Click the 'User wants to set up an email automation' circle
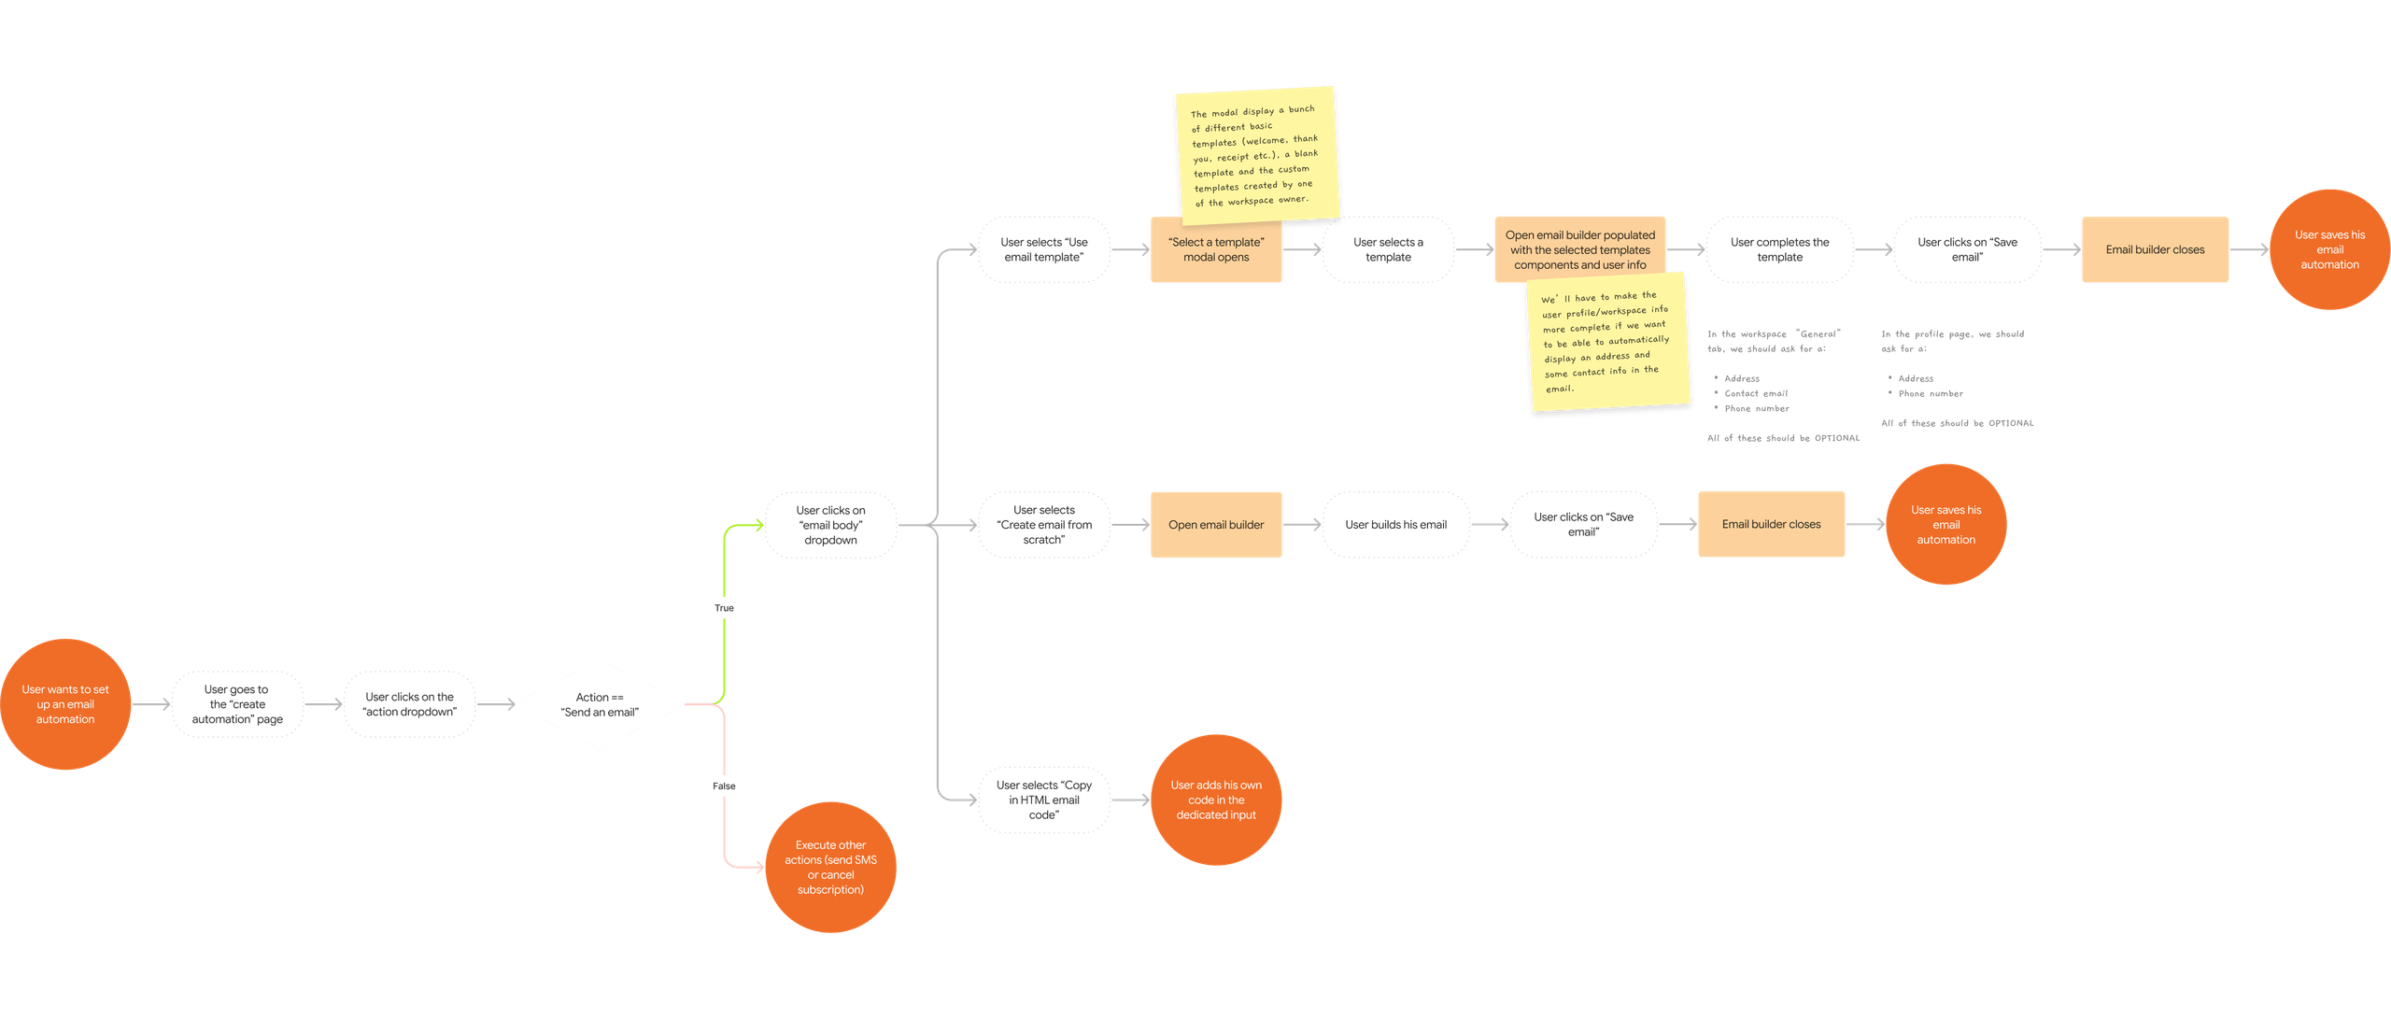(65, 704)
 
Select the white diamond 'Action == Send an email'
(600, 704)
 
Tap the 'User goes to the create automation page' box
(237, 704)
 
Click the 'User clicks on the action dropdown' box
(409, 704)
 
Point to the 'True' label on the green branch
(724, 608)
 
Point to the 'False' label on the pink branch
(724, 785)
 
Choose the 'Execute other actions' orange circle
(830, 867)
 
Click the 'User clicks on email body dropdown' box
(830, 525)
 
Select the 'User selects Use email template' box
(1044, 249)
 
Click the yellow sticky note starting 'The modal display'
(1255, 155)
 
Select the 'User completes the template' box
(1779, 249)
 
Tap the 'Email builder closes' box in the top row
(2155, 249)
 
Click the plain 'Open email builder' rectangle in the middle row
(1215, 525)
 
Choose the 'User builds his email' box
(1395, 525)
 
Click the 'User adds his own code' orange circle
(1215, 800)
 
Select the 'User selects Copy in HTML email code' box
(1044, 800)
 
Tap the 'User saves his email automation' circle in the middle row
(1945, 525)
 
